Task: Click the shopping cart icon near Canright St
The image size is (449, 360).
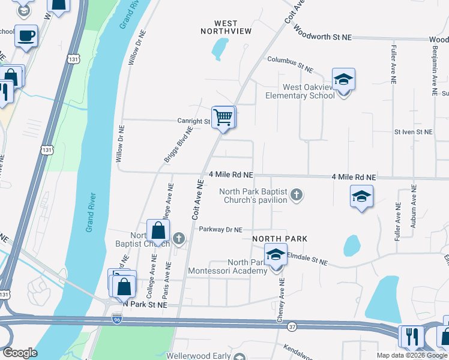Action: (223, 117)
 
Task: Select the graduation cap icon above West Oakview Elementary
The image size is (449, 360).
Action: (343, 80)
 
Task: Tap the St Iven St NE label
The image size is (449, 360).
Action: (413, 131)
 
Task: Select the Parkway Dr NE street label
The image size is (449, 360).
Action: (220, 229)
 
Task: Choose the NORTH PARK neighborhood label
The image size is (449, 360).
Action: (280, 239)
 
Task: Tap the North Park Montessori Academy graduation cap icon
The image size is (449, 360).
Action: (276, 256)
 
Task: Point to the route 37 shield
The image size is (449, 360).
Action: (292, 327)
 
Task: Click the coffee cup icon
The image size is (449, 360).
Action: (26, 36)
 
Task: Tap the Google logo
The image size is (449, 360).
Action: (20, 353)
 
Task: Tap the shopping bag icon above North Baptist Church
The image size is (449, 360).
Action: (157, 231)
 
